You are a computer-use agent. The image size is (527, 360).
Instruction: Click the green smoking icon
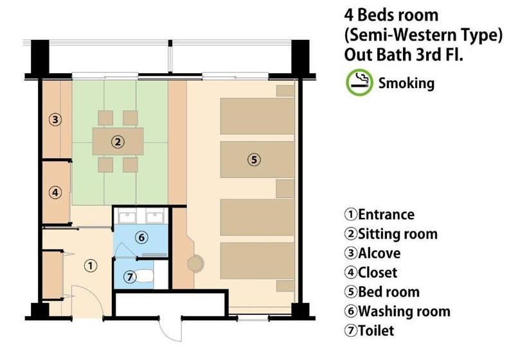point(359,82)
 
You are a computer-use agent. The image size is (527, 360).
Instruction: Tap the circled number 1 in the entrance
point(91,266)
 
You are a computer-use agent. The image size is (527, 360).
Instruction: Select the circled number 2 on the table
point(118,141)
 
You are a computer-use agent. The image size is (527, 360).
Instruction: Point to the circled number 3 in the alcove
point(55,120)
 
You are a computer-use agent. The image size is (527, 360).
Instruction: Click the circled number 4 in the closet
point(55,193)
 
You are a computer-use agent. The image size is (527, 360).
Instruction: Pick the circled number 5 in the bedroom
point(254,159)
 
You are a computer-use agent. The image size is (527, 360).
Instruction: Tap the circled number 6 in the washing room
point(141,238)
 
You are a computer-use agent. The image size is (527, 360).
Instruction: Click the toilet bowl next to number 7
point(145,277)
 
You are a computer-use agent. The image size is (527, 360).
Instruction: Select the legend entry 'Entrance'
point(379,215)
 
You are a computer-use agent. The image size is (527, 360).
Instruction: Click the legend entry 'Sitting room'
point(391,234)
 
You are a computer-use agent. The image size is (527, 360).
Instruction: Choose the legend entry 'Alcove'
point(372,253)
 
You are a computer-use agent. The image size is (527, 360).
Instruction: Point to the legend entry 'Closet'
point(371,273)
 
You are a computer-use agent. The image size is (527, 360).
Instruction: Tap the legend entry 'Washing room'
point(397,311)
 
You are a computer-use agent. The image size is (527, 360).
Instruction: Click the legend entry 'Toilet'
point(369,331)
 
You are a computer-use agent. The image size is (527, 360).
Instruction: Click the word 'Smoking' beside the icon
point(406,83)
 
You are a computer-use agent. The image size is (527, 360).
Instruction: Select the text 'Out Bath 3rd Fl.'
point(404,55)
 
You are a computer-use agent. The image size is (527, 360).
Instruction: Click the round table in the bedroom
point(195,263)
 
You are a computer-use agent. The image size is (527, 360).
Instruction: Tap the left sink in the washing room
point(127,217)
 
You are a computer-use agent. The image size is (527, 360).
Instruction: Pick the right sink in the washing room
point(155,217)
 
